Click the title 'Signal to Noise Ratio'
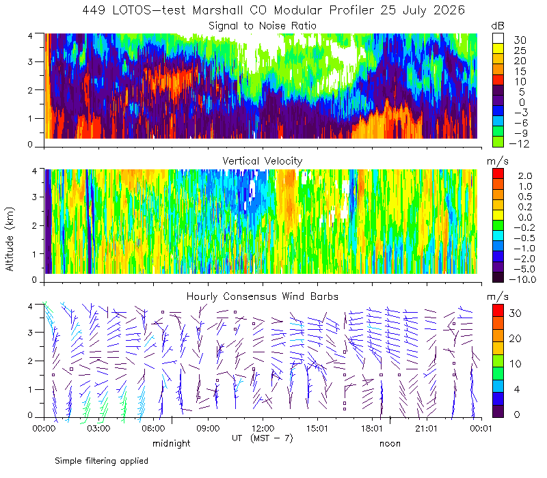pos(263,26)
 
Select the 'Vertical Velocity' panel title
pos(263,161)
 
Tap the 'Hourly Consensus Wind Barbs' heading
pos(263,296)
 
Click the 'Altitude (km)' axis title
pos(10,239)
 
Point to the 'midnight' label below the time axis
pos(172,443)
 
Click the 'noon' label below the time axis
pos(390,443)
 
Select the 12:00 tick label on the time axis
pos(263,428)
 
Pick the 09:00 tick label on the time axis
pos(208,428)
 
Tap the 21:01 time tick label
pos(426,428)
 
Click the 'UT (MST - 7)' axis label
pos(263,438)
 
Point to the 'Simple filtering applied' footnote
pos(101,461)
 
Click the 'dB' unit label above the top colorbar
pos(498,26)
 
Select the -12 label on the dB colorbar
pos(520,143)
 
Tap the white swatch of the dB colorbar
pos(498,38)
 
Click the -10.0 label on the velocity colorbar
pos(522,279)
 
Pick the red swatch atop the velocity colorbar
pos(498,173)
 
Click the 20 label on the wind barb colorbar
pos(516,338)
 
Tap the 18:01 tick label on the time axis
pos(372,428)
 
